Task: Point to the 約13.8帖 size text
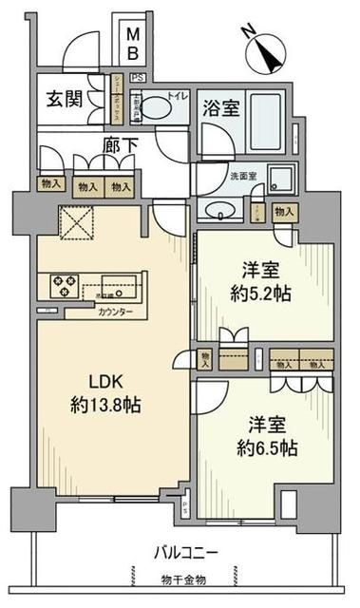pos(104,403)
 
